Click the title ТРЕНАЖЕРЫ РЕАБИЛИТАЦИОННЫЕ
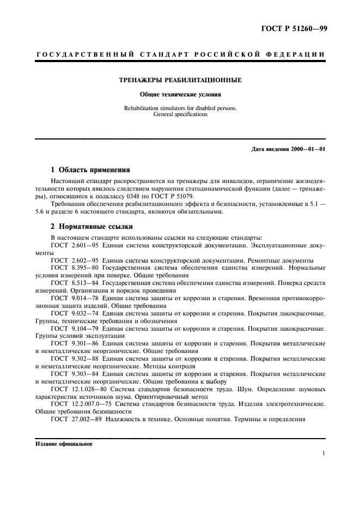180,80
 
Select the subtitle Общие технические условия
180,94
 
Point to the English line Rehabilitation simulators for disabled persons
180,108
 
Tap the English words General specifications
180,115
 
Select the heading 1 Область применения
90,169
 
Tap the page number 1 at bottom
324,453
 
